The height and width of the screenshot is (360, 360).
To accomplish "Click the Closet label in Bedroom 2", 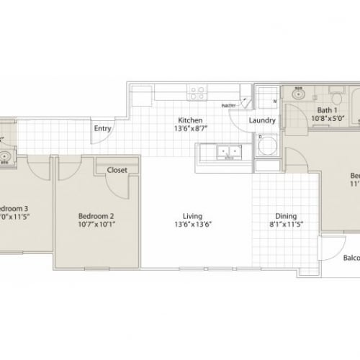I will coord(117,171).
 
